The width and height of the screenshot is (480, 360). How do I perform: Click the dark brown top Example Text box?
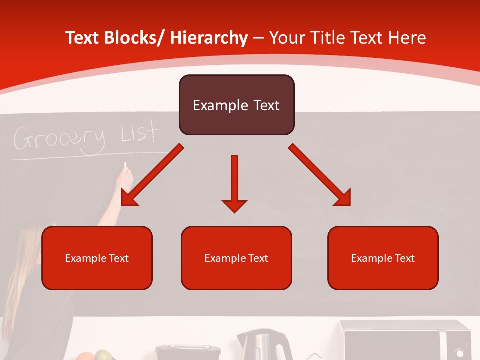pyautogui.click(x=236, y=105)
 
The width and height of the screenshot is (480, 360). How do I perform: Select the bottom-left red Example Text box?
pyautogui.click(x=97, y=258)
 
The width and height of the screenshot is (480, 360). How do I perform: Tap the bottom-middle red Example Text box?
pyautogui.click(x=236, y=258)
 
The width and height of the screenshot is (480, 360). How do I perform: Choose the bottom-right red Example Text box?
pyautogui.click(x=383, y=258)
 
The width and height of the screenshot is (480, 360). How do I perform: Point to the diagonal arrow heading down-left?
pyautogui.click(x=152, y=175)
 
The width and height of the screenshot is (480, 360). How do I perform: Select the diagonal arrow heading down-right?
pyautogui.click(x=320, y=175)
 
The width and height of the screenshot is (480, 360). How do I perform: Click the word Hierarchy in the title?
pyautogui.click(x=209, y=38)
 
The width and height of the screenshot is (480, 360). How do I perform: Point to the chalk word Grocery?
pyautogui.click(x=59, y=139)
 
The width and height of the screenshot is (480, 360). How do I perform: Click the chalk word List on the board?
pyautogui.click(x=139, y=133)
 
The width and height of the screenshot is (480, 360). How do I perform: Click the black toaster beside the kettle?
pyautogui.click(x=188, y=352)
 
